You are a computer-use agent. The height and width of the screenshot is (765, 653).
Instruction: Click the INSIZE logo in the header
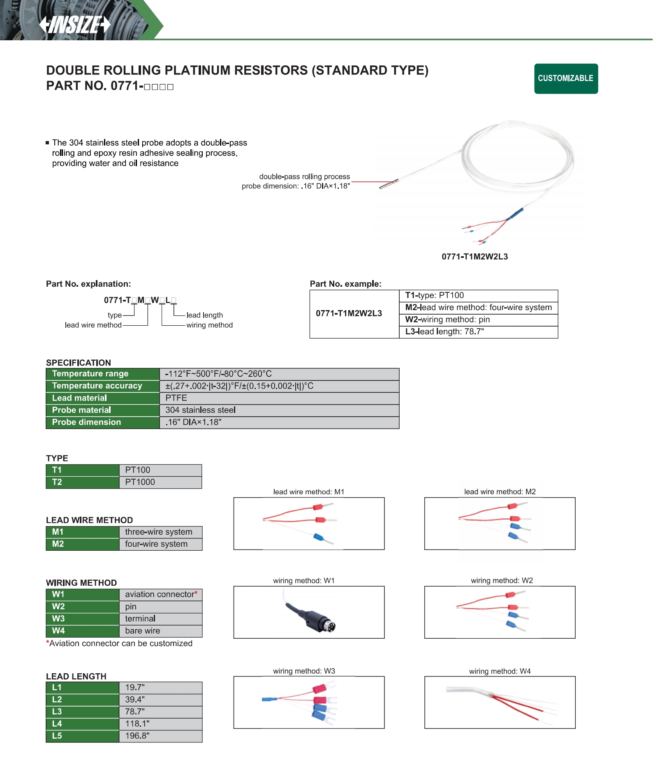click(x=75, y=25)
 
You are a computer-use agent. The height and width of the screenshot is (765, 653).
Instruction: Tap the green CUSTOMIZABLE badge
click(x=566, y=79)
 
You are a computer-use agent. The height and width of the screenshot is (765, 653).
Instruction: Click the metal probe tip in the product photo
click(x=389, y=184)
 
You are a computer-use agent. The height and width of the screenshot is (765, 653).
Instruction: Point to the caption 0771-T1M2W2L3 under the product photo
click(x=475, y=257)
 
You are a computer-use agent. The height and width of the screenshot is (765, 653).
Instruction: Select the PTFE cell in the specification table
click(x=176, y=398)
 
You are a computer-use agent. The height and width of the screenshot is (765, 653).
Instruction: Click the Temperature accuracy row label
click(x=97, y=386)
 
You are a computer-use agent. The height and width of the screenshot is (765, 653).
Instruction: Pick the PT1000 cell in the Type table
click(x=140, y=482)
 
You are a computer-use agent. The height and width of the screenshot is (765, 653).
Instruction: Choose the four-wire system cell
click(x=156, y=544)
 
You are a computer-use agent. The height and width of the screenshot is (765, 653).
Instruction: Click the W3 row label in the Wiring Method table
click(x=58, y=619)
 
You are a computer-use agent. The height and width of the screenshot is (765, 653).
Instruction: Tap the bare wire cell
click(x=143, y=631)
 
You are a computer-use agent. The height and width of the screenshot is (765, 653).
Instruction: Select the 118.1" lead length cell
click(x=137, y=724)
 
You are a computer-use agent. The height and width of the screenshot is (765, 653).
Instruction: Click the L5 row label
click(x=57, y=736)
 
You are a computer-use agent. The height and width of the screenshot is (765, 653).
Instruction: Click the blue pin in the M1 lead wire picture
click(x=319, y=537)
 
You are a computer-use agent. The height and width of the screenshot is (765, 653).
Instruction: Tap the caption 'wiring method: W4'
click(x=500, y=671)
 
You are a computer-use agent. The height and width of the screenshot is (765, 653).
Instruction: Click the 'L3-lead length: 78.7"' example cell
click(x=445, y=332)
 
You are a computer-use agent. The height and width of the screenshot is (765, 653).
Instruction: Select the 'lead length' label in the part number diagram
click(x=204, y=315)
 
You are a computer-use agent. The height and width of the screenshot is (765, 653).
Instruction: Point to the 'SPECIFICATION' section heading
click(x=79, y=363)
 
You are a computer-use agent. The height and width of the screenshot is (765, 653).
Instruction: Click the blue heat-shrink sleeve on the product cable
click(x=515, y=214)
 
